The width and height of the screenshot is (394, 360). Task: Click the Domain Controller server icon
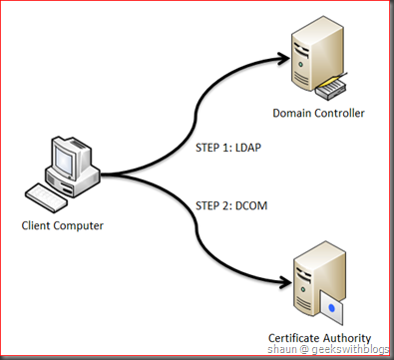click(317, 57)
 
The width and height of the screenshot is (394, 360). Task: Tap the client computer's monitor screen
click(64, 160)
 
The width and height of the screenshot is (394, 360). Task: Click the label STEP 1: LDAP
click(228, 148)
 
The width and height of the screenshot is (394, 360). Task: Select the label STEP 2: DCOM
click(231, 205)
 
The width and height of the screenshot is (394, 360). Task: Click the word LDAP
click(248, 148)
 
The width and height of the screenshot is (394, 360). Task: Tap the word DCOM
click(251, 205)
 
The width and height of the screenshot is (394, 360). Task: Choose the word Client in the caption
click(36, 225)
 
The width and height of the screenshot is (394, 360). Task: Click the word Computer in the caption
click(78, 226)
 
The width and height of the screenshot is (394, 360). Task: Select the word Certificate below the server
click(289, 338)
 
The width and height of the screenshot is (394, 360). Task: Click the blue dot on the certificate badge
click(331, 308)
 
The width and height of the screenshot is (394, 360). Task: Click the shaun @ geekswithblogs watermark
click(328, 349)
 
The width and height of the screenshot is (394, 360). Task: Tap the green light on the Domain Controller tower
click(300, 64)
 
